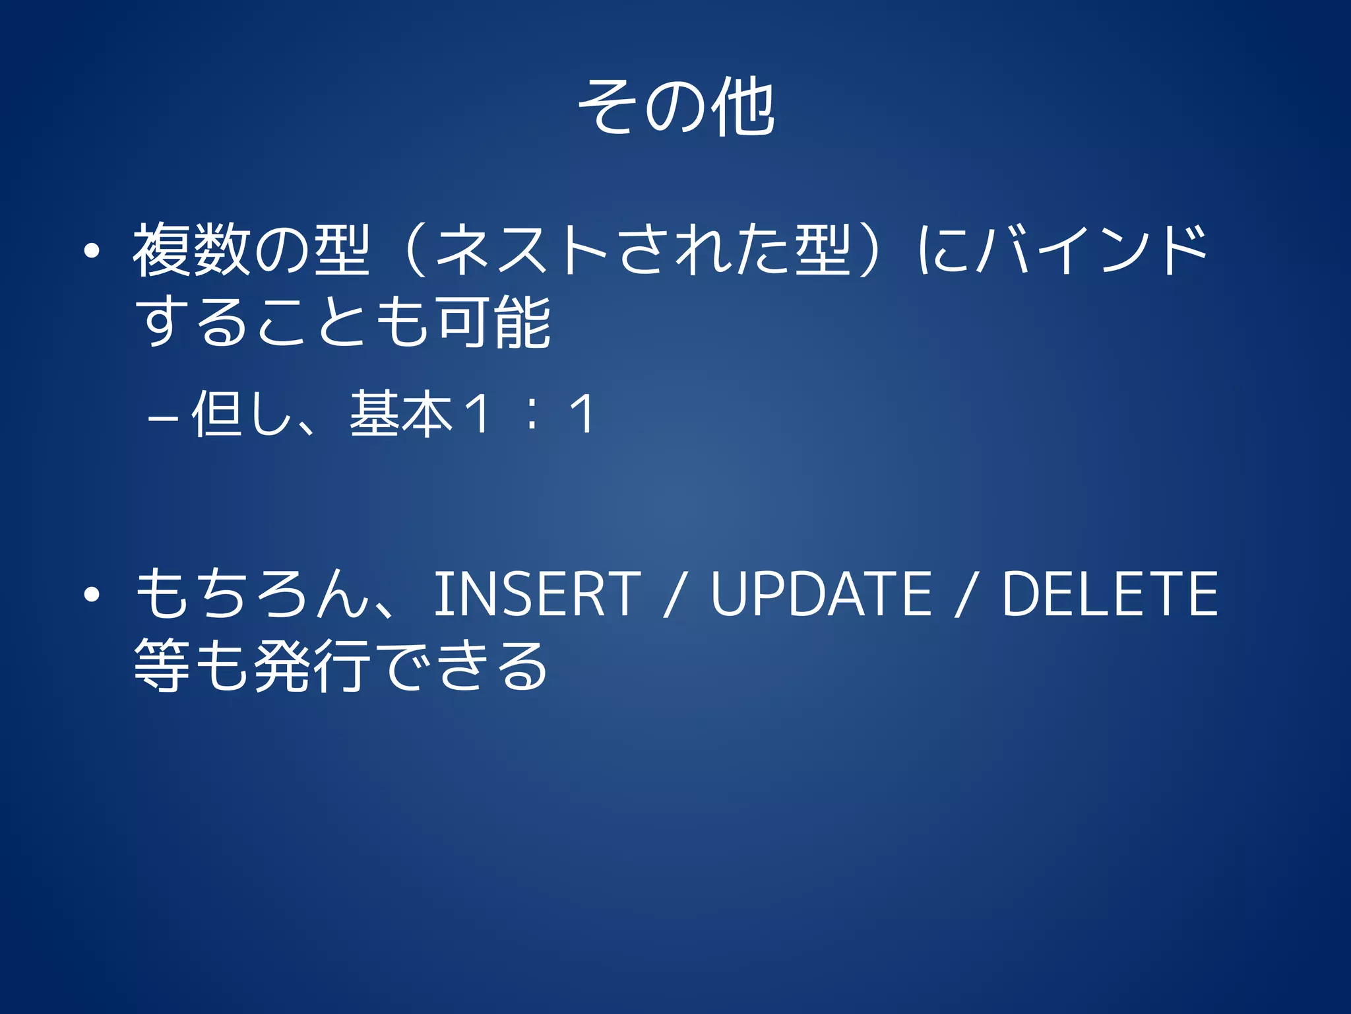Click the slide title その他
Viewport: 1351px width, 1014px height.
pyautogui.click(x=675, y=107)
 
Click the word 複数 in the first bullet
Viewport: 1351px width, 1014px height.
pyautogui.click(x=191, y=250)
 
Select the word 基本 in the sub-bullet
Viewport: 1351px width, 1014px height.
pyautogui.click(x=401, y=414)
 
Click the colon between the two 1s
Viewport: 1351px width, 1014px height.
pyautogui.click(x=531, y=415)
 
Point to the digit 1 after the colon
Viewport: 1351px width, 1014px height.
pyautogui.click(x=582, y=414)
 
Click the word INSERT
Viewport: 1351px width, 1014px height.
pyautogui.click(x=537, y=594)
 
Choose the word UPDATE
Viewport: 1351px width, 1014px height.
pyautogui.click(x=821, y=594)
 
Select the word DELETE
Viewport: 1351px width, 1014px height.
pyautogui.click(x=1110, y=594)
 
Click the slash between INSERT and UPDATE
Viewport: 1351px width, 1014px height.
pyautogui.click(x=674, y=595)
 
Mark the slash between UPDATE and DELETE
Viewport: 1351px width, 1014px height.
pyautogui.click(x=965, y=595)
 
